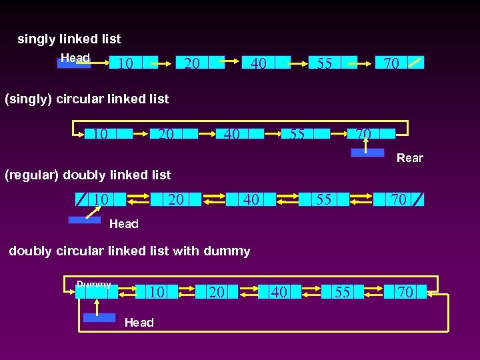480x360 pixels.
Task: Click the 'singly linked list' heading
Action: (69, 39)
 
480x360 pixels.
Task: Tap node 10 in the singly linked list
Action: (133, 63)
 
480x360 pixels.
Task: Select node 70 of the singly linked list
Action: (399, 63)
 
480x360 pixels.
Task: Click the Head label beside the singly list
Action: (75, 58)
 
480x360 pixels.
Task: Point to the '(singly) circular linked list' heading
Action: (87, 99)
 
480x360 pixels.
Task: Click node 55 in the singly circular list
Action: (305, 134)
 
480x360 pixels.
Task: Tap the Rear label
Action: (409, 158)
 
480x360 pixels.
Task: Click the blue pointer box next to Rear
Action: (368, 153)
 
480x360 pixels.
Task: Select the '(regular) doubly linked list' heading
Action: (87, 175)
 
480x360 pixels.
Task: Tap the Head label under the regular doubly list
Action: (123, 224)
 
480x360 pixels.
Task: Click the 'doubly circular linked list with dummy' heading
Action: (129, 251)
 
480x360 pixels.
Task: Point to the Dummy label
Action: (93, 285)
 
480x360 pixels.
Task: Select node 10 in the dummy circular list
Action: (157, 292)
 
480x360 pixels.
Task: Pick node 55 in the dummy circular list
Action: (343, 292)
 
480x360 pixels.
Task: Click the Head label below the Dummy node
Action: (139, 323)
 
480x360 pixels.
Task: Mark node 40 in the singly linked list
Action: (266, 63)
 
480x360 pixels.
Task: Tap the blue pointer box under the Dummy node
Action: (99, 317)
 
